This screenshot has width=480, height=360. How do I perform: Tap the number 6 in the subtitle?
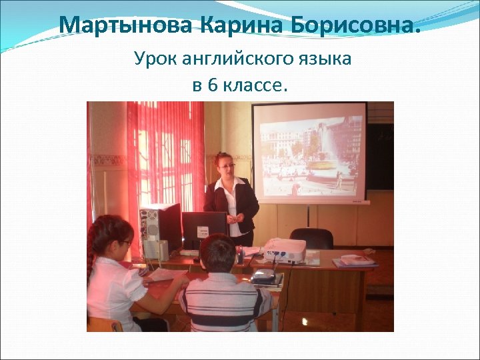point(212,85)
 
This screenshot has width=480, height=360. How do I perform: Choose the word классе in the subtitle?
point(256,85)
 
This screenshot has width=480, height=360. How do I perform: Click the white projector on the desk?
point(285,250)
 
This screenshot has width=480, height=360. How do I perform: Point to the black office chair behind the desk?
point(311,238)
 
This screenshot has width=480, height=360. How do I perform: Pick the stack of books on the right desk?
point(355,261)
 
